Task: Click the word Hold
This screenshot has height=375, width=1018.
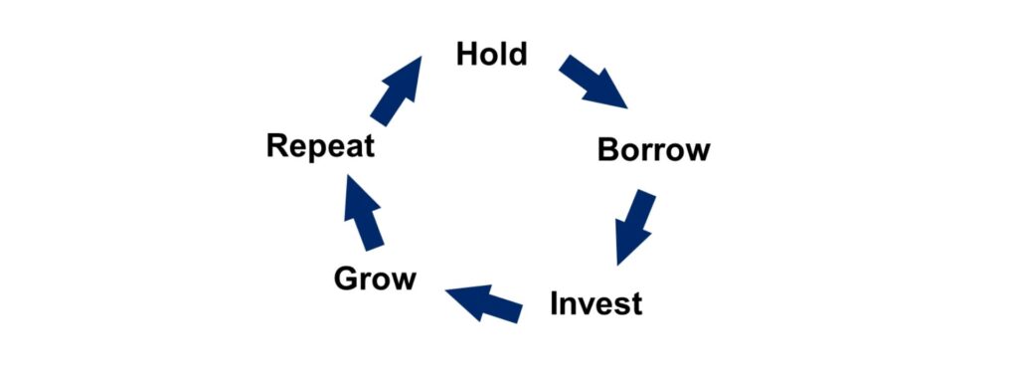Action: [x=491, y=54]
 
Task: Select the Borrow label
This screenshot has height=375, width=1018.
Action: [x=654, y=150]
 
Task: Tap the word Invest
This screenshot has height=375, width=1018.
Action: [x=596, y=303]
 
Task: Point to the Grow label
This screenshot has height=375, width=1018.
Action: [x=375, y=279]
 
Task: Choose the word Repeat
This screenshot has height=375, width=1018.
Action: [x=321, y=147]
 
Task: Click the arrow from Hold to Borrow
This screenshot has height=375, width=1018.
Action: [x=593, y=82]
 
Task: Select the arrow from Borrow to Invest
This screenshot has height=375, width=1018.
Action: [x=634, y=227]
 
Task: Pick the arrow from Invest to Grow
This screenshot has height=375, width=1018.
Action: [x=484, y=302]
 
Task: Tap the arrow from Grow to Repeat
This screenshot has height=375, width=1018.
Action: [x=364, y=213]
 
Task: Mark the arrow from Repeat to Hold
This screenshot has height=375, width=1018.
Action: [x=396, y=91]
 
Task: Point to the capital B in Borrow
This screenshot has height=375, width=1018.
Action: [x=608, y=150]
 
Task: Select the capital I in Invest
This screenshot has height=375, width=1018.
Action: [x=555, y=303]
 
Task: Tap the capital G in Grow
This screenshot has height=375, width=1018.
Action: [x=346, y=279]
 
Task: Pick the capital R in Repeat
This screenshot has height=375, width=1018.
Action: [x=277, y=145]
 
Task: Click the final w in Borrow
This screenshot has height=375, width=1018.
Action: [x=697, y=153]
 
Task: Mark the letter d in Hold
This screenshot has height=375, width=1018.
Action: [x=517, y=54]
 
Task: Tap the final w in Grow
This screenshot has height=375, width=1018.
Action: [x=402, y=282]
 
